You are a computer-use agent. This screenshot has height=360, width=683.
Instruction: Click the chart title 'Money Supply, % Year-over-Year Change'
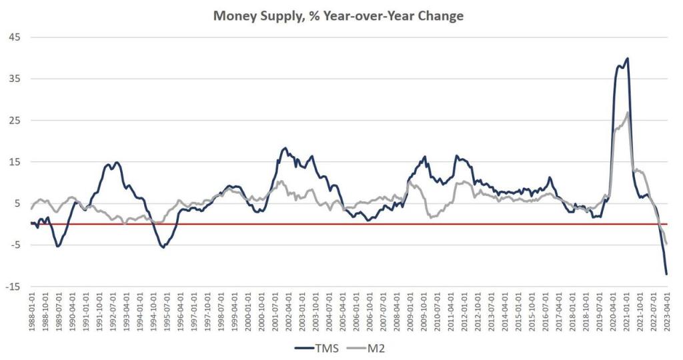coord(338,16)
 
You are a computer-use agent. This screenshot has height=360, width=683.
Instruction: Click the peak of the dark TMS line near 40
coord(628,59)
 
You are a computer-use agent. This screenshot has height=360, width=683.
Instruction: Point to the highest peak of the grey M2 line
coord(628,112)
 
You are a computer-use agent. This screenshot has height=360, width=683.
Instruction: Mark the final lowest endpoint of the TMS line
coord(666,274)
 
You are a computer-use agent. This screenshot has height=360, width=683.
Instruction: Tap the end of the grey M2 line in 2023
coord(666,245)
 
